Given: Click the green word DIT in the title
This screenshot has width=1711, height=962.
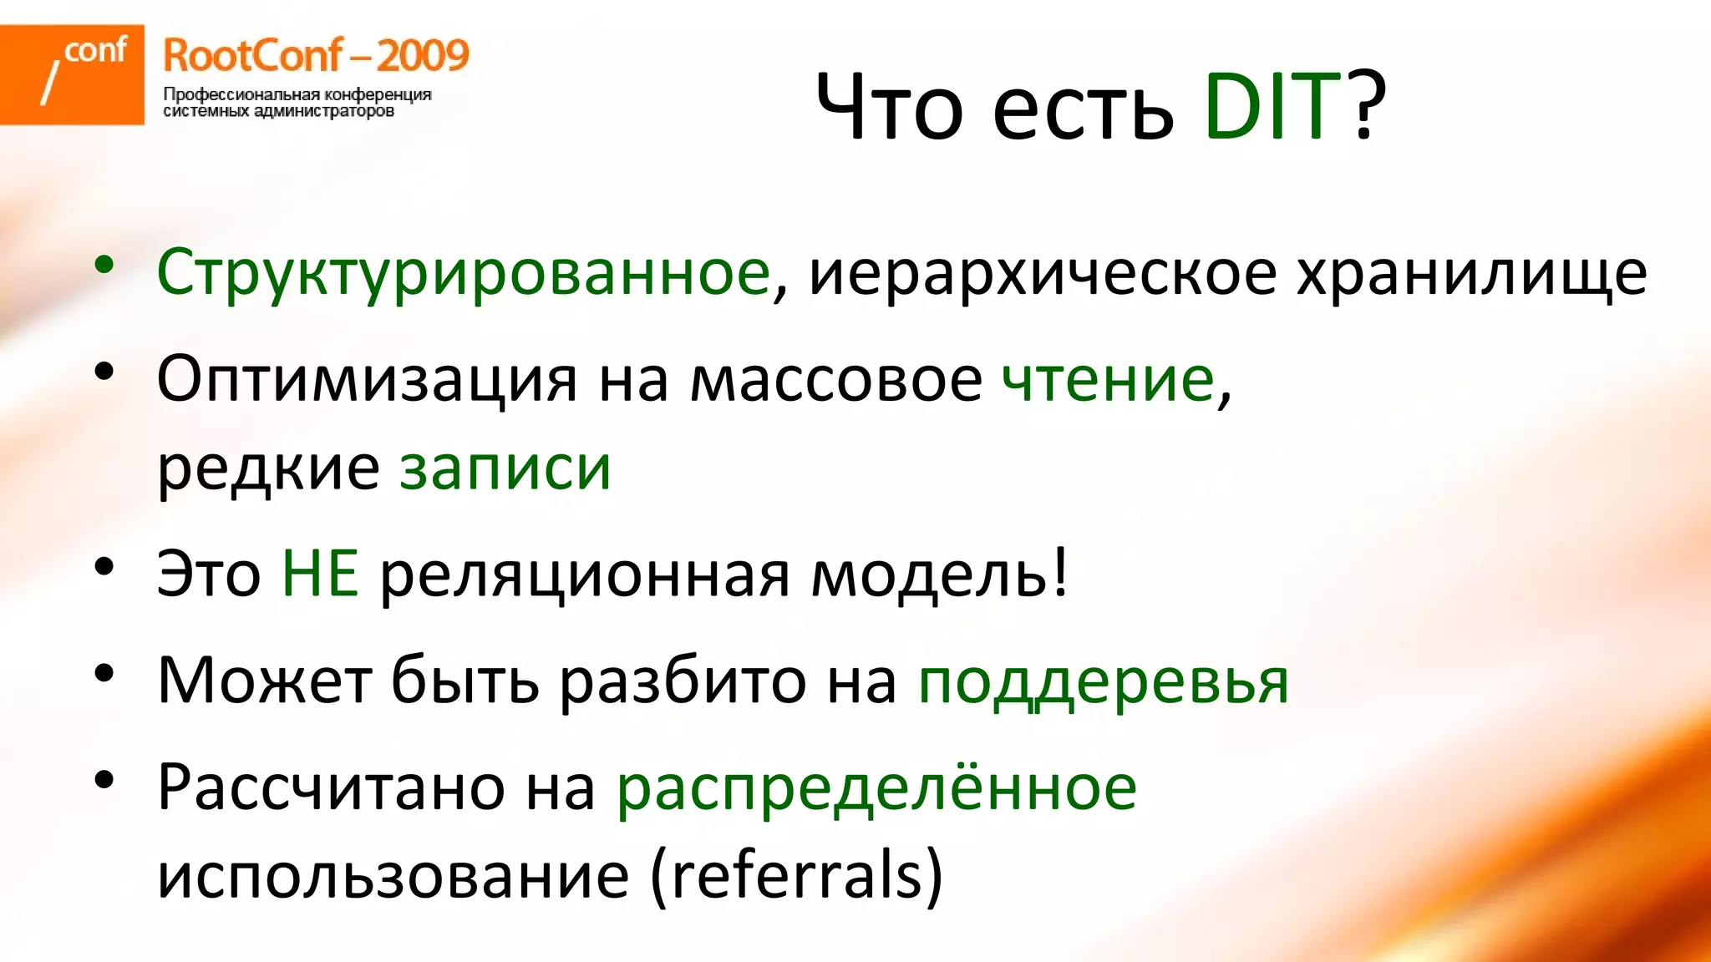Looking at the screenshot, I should click(1272, 107).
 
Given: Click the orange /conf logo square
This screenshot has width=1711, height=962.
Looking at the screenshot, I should click(72, 74).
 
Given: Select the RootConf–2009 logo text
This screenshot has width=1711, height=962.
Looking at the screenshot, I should click(316, 56).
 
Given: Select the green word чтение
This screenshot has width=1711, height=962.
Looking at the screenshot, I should click(1108, 380).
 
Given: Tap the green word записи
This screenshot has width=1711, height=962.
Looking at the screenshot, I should click(505, 468).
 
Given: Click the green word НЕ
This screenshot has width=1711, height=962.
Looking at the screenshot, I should click(320, 574).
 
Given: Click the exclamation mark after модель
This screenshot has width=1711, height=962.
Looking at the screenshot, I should click(1060, 572).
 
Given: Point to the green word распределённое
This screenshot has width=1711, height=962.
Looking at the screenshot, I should click(876, 787).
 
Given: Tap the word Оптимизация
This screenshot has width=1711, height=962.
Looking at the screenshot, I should click(367, 380).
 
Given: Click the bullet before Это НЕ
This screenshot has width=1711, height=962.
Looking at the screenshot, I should click(104, 567).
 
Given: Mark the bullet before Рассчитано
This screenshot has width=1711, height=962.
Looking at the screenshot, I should click(104, 781).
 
